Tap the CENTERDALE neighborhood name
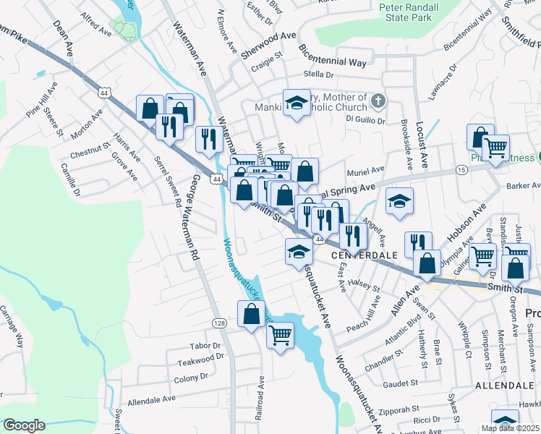point(365,256)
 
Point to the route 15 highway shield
point(461,169)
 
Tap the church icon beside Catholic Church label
point(377,100)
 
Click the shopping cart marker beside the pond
point(280,334)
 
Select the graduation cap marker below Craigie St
point(296,103)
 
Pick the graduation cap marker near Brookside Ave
point(399,203)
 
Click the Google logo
point(24,425)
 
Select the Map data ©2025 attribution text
point(510,428)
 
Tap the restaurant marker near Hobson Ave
point(418,244)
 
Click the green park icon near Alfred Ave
point(127,30)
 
